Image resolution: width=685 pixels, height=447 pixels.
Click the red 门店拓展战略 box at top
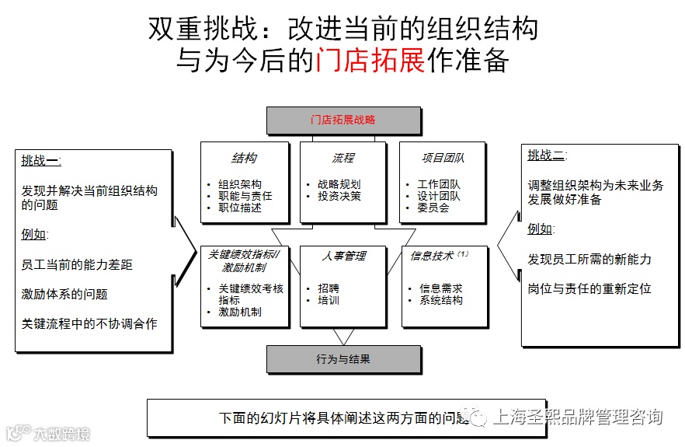(x=343, y=120)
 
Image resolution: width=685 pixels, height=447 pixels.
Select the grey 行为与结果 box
(x=343, y=359)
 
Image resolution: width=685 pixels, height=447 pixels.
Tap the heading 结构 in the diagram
(x=245, y=158)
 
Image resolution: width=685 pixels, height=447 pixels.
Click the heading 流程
(x=342, y=158)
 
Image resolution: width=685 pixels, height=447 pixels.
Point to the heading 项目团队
(x=443, y=158)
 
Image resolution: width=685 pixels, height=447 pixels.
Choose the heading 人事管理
(x=342, y=255)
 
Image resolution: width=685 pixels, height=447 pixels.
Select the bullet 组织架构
(x=240, y=185)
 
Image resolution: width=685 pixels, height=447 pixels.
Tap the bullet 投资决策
(x=339, y=197)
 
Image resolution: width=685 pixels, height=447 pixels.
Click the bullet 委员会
(x=433, y=208)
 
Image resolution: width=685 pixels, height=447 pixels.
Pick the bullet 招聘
(x=328, y=288)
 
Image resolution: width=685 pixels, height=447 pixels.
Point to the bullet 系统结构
(x=441, y=300)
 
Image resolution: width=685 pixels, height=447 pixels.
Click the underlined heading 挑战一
(x=41, y=161)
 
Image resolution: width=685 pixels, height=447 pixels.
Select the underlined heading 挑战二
(x=546, y=155)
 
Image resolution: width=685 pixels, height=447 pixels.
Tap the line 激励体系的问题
(x=64, y=294)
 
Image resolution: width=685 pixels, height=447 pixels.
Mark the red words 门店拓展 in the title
(x=370, y=60)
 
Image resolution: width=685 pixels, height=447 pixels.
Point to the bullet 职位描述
(x=240, y=208)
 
